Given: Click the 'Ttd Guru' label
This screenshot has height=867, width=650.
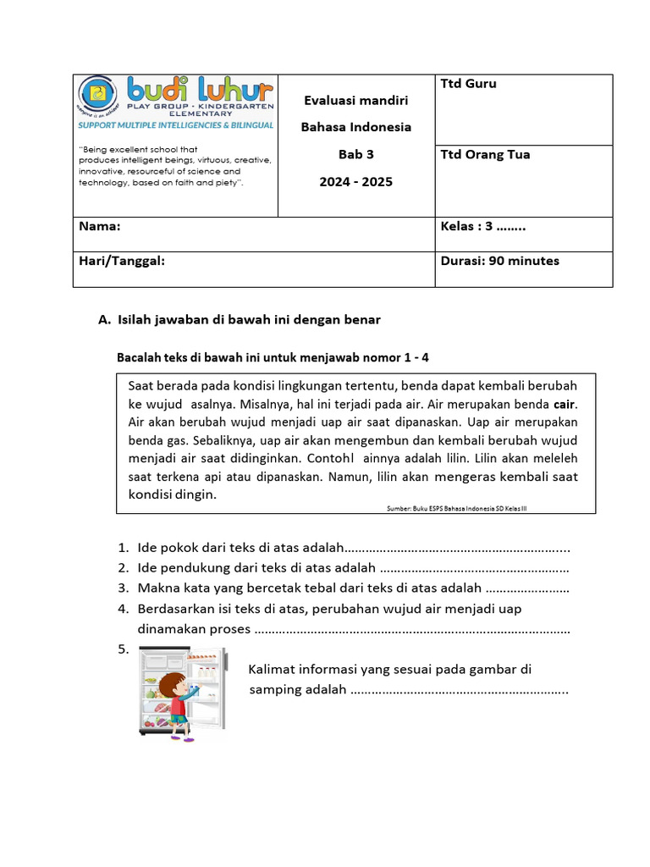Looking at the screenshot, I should coord(468,84).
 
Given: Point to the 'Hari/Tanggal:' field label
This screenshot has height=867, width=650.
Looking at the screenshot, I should coord(121,262).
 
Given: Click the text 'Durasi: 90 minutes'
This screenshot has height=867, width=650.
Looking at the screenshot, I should coord(499,262).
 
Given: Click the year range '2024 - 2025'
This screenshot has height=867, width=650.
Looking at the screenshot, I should coord(355,182).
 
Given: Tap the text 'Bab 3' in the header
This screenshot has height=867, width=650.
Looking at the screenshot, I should coord(355,155).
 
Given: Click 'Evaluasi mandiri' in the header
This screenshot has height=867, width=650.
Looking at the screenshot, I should coord(355,101).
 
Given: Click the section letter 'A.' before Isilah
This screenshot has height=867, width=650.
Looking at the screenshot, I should coord(105,320).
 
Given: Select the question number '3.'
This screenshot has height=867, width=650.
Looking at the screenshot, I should coord(124,588).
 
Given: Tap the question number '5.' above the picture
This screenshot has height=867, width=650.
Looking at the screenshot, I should coord(124,649).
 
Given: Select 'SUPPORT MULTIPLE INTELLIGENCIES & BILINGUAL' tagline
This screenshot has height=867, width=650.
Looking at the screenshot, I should coord(176,125).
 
